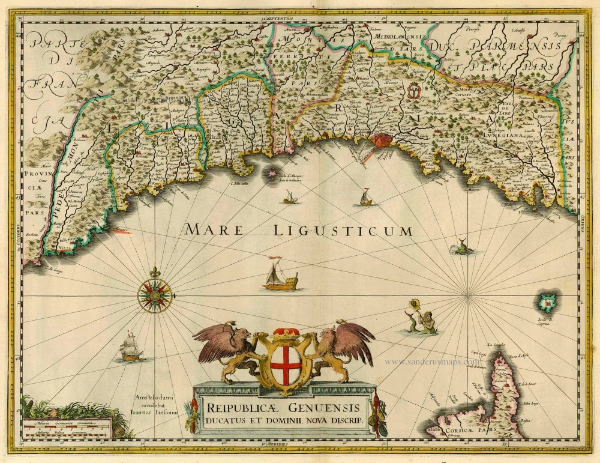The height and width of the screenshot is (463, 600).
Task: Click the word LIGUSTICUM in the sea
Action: (342, 230)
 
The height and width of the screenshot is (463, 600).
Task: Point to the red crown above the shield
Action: (286, 333)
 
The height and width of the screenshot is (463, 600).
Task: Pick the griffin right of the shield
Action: (345, 348)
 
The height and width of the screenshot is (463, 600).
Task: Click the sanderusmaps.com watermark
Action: (432, 362)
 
